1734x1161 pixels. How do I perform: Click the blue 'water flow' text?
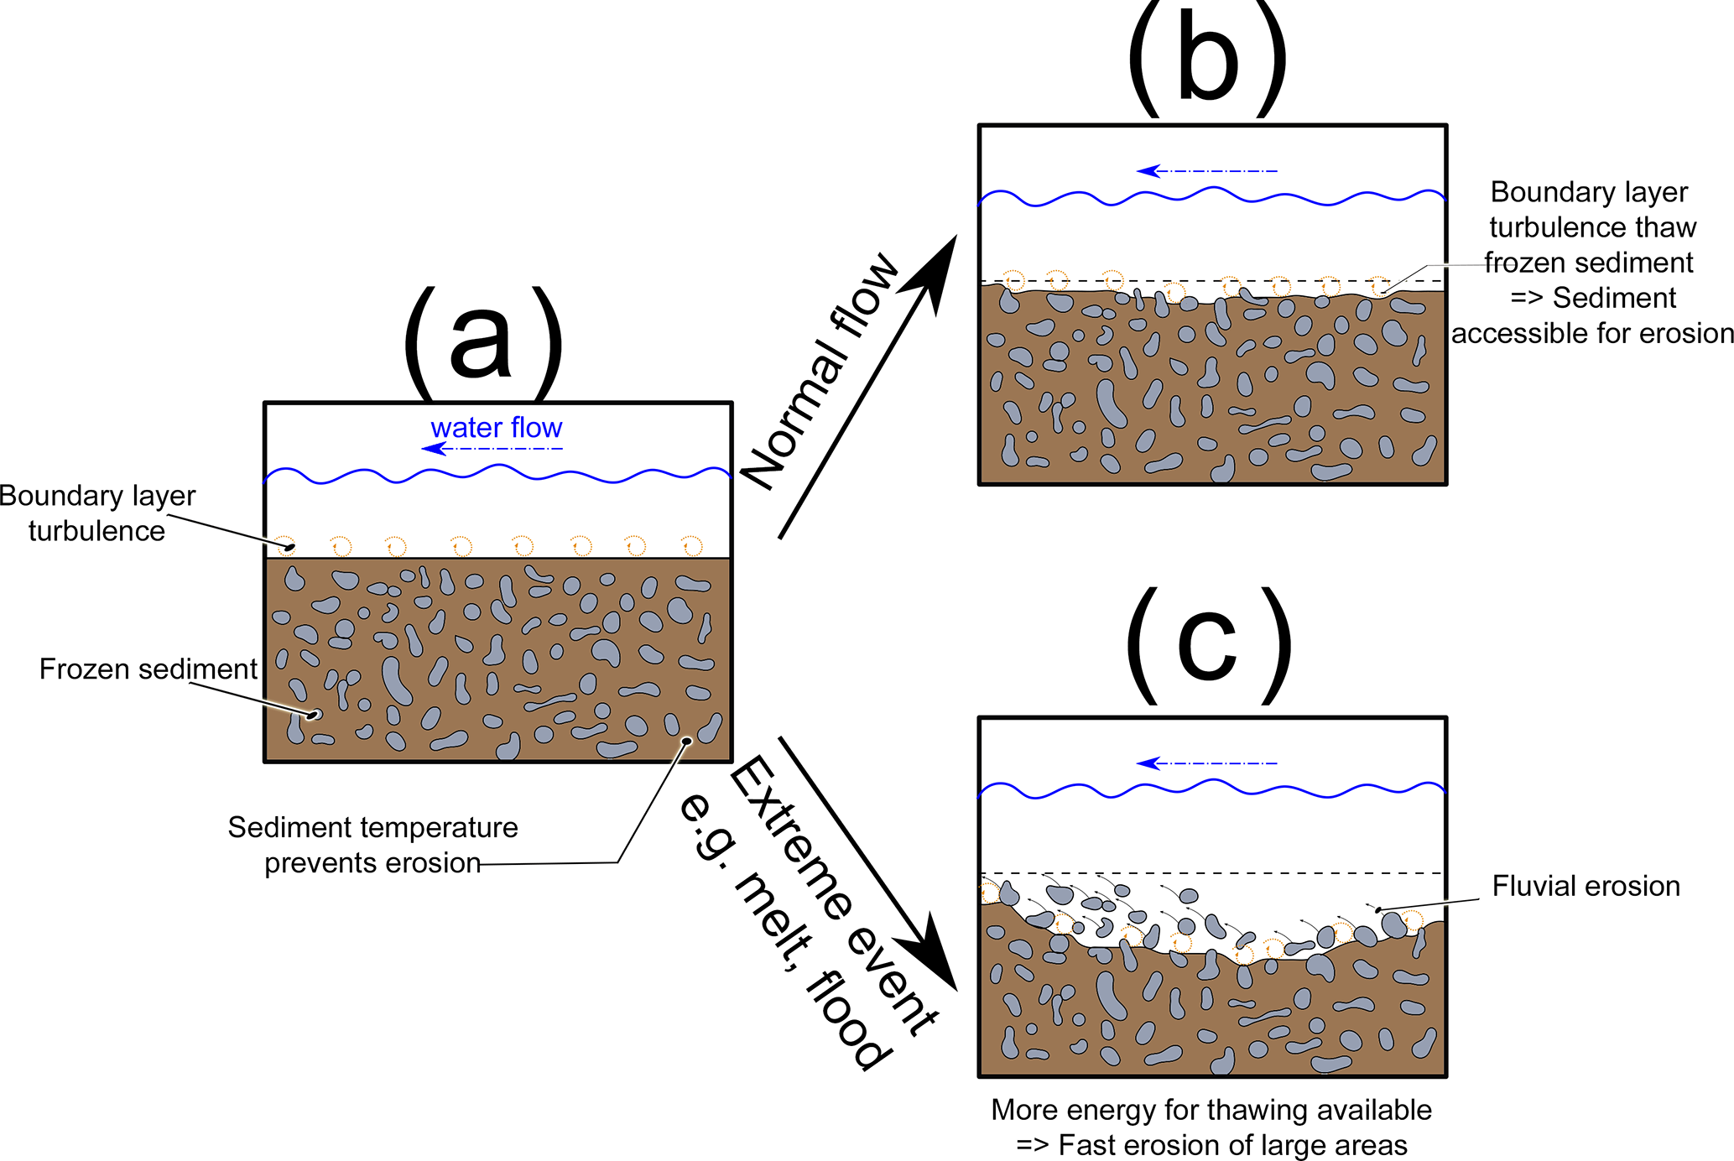pyautogui.click(x=496, y=428)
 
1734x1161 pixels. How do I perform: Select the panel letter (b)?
pyautogui.click(x=1207, y=59)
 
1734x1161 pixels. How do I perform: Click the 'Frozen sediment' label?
pyautogui.click(x=148, y=669)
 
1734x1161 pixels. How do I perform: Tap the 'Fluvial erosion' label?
pyautogui.click(x=1586, y=886)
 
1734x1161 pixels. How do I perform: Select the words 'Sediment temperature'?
pyautogui.click(x=372, y=827)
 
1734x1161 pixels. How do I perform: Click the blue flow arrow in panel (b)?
pyautogui.click(x=1206, y=171)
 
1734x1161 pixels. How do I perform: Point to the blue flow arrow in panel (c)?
pyautogui.click(x=1206, y=763)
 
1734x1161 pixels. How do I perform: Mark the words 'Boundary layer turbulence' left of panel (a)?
pyautogui.click(x=97, y=513)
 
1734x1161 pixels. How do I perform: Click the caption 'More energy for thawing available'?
pyautogui.click(x=1211, y=1110)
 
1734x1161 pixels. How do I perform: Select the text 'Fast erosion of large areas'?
pyautogui.click(x=1232, y=1145)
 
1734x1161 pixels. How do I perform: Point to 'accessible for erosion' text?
pyautogui.click(x=1592, y=334)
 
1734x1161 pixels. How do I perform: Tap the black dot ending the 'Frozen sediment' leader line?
pyautogui.click(x=313, y=715)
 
